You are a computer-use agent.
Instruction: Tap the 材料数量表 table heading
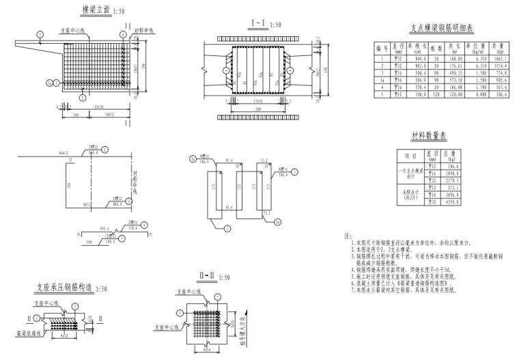point(432,136)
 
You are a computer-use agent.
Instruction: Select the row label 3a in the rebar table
point(379,80)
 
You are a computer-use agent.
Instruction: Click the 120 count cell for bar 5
point(430,94)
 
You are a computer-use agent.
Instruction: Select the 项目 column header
point(411,155)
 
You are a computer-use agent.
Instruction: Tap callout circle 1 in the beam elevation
point(40,32)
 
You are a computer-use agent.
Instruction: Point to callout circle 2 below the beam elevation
point(83,98)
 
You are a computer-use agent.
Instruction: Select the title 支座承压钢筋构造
point(66,289)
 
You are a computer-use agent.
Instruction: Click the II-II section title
point(208,275)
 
